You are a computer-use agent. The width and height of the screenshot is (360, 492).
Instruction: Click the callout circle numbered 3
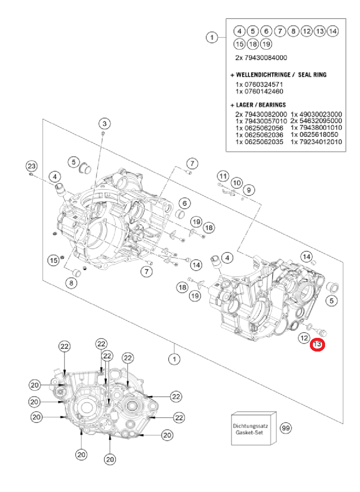tap(105, 123)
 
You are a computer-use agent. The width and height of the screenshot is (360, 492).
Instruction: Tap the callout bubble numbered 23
tap(32, 166)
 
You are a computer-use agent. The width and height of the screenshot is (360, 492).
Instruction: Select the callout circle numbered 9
tap(249, 189)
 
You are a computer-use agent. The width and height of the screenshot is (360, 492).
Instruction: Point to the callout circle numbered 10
tap(237, 183)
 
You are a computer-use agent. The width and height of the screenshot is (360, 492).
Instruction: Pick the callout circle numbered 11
tap(223, 176)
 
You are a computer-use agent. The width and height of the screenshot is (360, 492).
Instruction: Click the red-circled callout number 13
tap(317, 345)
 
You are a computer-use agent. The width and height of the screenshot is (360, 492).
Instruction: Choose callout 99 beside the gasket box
tap(286, 428)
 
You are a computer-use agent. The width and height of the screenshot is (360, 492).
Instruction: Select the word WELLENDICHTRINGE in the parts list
tap(263, 75)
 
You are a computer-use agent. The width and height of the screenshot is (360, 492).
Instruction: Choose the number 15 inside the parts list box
tap(239, 44)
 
